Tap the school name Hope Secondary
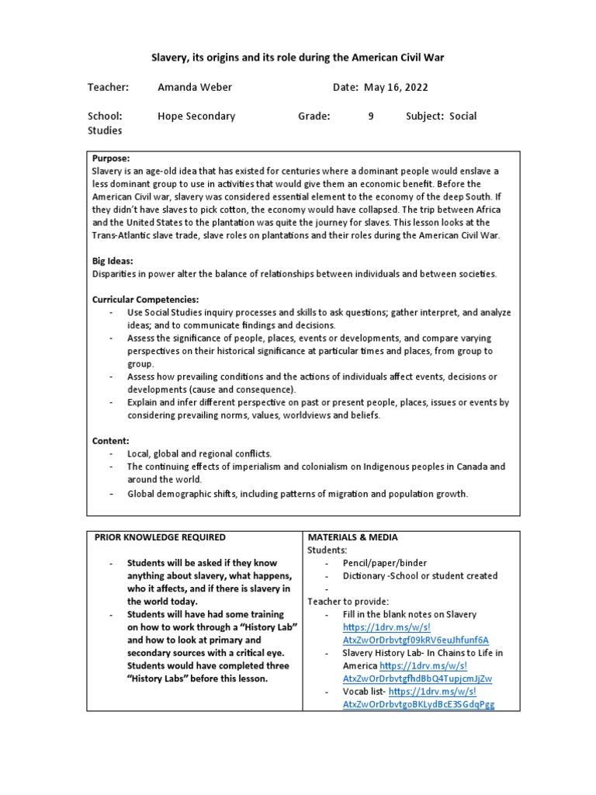point(196,116)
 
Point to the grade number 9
point(371,116)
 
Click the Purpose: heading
point(111,158)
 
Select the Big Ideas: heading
point(113,262)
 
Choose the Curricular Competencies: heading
point(146,300)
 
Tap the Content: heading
point(111,440)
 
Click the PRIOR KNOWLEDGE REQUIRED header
point(160,537)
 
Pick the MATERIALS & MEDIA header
point(353,537)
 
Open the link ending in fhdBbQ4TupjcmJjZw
point(418,679)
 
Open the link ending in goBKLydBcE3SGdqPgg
point(418,704)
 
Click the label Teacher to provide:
point(348,601)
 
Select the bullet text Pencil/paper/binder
point(385,563)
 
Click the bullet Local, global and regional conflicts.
point(200,453)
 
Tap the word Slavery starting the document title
point(168,58)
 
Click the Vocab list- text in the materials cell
point(363,691)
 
